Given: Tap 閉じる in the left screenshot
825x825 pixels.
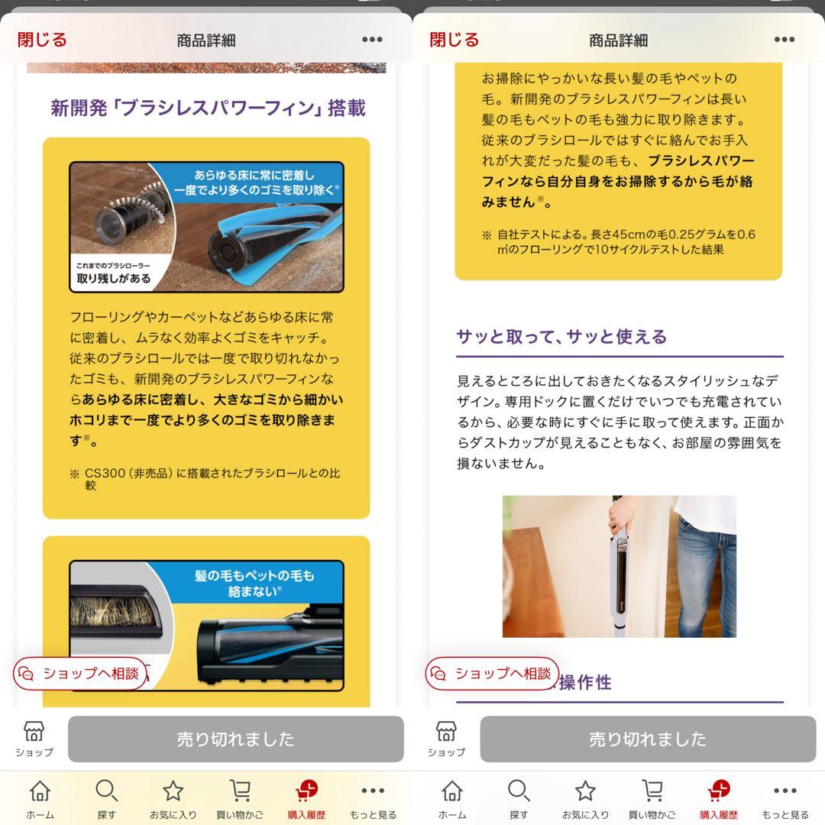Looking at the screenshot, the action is click(x=42, y=40).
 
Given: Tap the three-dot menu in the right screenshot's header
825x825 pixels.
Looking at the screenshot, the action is click(x=784, y=40).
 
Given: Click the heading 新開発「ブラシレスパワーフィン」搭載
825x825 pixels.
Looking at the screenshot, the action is click(x=209, y=108).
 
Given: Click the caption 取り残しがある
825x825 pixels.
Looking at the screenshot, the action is click(x=114, y=278).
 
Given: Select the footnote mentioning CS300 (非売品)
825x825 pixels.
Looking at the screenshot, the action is click(x=205, y=479).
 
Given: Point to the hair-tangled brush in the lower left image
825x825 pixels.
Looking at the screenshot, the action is click(x=116, y=610).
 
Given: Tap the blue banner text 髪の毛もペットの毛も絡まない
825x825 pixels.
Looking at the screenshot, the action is click(x=254, y=583).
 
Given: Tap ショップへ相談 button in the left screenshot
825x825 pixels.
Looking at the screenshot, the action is click(x=80, y=674).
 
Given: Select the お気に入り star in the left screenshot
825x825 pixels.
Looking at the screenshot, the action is click(x=173, y=791).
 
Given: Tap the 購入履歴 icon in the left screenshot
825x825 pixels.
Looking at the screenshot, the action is click(x=307, y=791).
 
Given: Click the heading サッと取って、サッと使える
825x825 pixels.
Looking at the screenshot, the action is click(x=561, y=336).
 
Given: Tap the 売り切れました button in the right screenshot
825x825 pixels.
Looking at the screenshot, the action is click(x=648, y=739).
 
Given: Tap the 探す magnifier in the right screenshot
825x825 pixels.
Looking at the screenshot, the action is click(x=519, y=791).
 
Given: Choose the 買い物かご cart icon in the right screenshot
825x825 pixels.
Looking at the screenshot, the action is click(x=652, y=791).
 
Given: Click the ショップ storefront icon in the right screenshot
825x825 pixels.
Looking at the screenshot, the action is click(x=446, y=731).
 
